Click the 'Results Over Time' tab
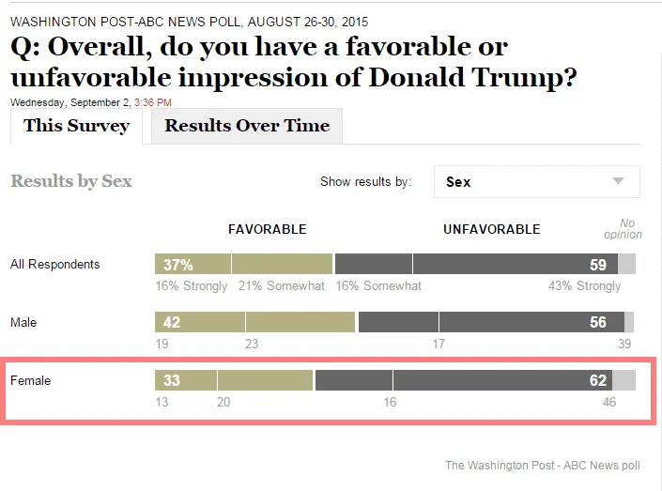click(x=247, y=126)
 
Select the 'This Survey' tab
click(x=76, y=126)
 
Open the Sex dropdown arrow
click(x=618, y=181)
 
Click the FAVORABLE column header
click(x=268, y=229)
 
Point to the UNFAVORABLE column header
click(x=491, y=229)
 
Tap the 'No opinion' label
click(x=623, y=229)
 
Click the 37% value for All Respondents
click(x=177, y=265)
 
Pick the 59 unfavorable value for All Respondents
click(x=597, y=265)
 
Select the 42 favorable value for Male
click(x=172, y=323)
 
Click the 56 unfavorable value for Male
click(x=598, y=323)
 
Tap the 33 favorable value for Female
click(x=172, y=381)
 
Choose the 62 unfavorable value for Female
click(x=598, y=381)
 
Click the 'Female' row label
click(x=31, y=381)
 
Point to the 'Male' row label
click(x=23, y=323)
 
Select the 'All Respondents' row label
click(x=54, y=265)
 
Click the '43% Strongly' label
click(x=584, y=286)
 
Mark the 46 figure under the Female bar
click(x=609, y=403)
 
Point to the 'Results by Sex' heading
click(x=71, y=181)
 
